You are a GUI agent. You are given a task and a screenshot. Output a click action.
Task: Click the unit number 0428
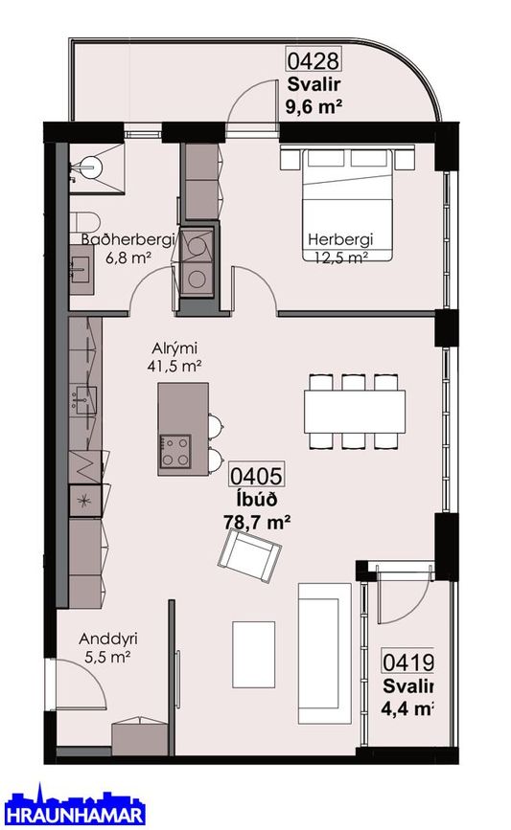[x=313, y=59]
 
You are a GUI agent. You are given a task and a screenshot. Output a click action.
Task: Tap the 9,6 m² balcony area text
[x=314, y=106]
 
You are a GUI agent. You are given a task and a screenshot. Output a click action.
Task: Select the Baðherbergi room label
[x=128, y=239]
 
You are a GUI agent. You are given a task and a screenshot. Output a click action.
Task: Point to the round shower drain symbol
[x=88, y=168]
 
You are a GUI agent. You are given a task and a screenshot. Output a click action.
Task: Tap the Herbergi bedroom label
[x=341, y=239]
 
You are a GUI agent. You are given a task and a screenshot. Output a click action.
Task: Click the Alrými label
[x=174, y=348]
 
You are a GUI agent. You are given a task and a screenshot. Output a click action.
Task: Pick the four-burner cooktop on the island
[x=175, y=451]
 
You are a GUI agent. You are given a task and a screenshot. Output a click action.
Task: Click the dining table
[x=355, y=412]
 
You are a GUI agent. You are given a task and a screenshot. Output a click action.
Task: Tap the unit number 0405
[x=255, y=476]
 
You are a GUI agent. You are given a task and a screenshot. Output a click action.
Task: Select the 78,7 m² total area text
[x=257, y=522]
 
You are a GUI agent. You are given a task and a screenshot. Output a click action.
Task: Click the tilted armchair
[x=249, y=556]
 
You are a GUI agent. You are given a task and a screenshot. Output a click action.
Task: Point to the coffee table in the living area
[x=253, y=655]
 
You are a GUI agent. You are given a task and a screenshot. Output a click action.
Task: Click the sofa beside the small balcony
[x=324, y=653]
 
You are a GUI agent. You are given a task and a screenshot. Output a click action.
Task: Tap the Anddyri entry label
[x=108, y=639]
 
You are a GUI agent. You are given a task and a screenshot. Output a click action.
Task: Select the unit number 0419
[x=407, y=662]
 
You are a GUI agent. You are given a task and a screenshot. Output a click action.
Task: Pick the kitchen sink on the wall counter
[x=84, y=399]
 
